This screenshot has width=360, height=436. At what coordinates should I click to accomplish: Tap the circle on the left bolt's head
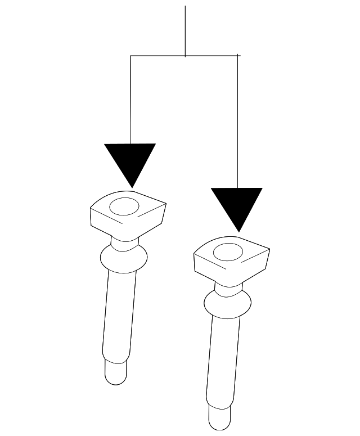(124, 206)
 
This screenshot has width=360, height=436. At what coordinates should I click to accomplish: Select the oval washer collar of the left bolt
(123, 258)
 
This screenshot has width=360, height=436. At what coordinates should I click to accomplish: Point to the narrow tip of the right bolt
(219, 417)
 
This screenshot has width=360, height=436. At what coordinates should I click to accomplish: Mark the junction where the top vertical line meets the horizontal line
(185, 56)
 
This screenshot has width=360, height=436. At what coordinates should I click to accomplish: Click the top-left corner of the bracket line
(130, 56)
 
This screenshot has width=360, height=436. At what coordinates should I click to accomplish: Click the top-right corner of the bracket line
(237, 56)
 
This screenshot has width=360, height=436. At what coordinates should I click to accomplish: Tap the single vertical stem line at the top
(185, 28)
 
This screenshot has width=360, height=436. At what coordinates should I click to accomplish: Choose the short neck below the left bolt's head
(124, 242)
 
